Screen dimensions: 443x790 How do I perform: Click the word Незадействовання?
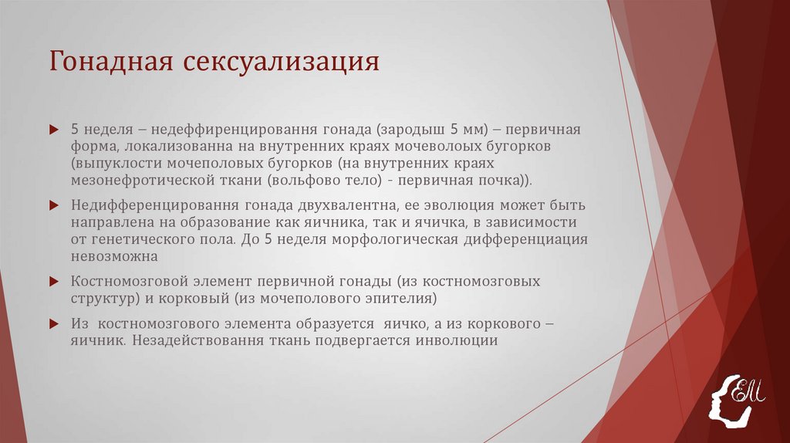tap(193, 340)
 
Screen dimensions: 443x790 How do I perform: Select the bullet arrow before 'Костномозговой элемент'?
tap(53, 281)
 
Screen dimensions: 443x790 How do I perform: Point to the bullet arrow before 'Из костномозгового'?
tap(53, 323)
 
